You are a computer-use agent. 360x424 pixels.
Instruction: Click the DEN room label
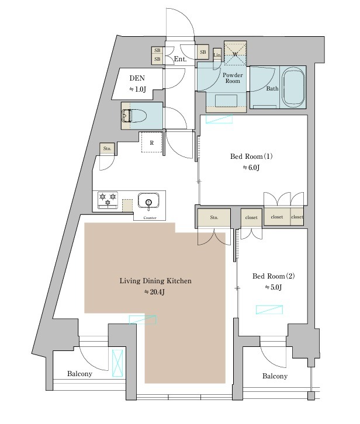pyautogui.click(x=137, y=78)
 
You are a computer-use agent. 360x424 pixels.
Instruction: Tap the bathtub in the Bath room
pyautogui.click(x=293, y=87)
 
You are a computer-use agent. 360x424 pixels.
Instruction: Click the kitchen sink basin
pyautogui.click(x=148, y=201)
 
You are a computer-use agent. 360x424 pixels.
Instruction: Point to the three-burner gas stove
pyautogui.click(x=108, y=200)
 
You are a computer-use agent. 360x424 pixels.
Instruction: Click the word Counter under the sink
pyautogui.click(x=150, y=218)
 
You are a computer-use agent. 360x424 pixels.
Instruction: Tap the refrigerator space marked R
pyautogui.click(x=152, y=143)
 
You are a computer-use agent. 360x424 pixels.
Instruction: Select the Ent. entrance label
pyautogui.click(x=180, y=59)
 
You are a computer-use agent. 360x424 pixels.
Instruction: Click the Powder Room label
pyautogui.click(x=233, y=78)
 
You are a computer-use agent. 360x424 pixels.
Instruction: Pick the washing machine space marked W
pyautogui.click(x=235, y=53)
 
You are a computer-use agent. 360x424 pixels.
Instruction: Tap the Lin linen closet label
pyautogui.click(x=217, y=55)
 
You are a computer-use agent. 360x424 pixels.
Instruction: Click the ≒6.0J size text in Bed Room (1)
pyautogui.click(x=251, y=168)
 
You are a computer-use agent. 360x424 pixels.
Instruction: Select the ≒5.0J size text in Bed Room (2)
pyautogui.click(x=274, y=287)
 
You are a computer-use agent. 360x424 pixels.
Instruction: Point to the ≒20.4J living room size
pyautogui.click(x=155, y=292)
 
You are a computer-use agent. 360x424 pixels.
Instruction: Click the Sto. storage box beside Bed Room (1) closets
pyautogui.click(x=214, y=217)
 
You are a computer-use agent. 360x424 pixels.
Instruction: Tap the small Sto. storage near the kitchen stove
pyautogui.click(x=107, y=149)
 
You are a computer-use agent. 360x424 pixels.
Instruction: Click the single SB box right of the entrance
pyautogui.click(x=203, y=52)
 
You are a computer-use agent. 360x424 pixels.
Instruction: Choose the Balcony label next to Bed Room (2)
pyautogui.click(x=275, y=376)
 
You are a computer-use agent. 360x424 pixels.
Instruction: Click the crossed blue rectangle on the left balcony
pyautogui.click(x=117, y=363)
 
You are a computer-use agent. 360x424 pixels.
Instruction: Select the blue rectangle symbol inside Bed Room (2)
pyautogui.click(x=269, y=310)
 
